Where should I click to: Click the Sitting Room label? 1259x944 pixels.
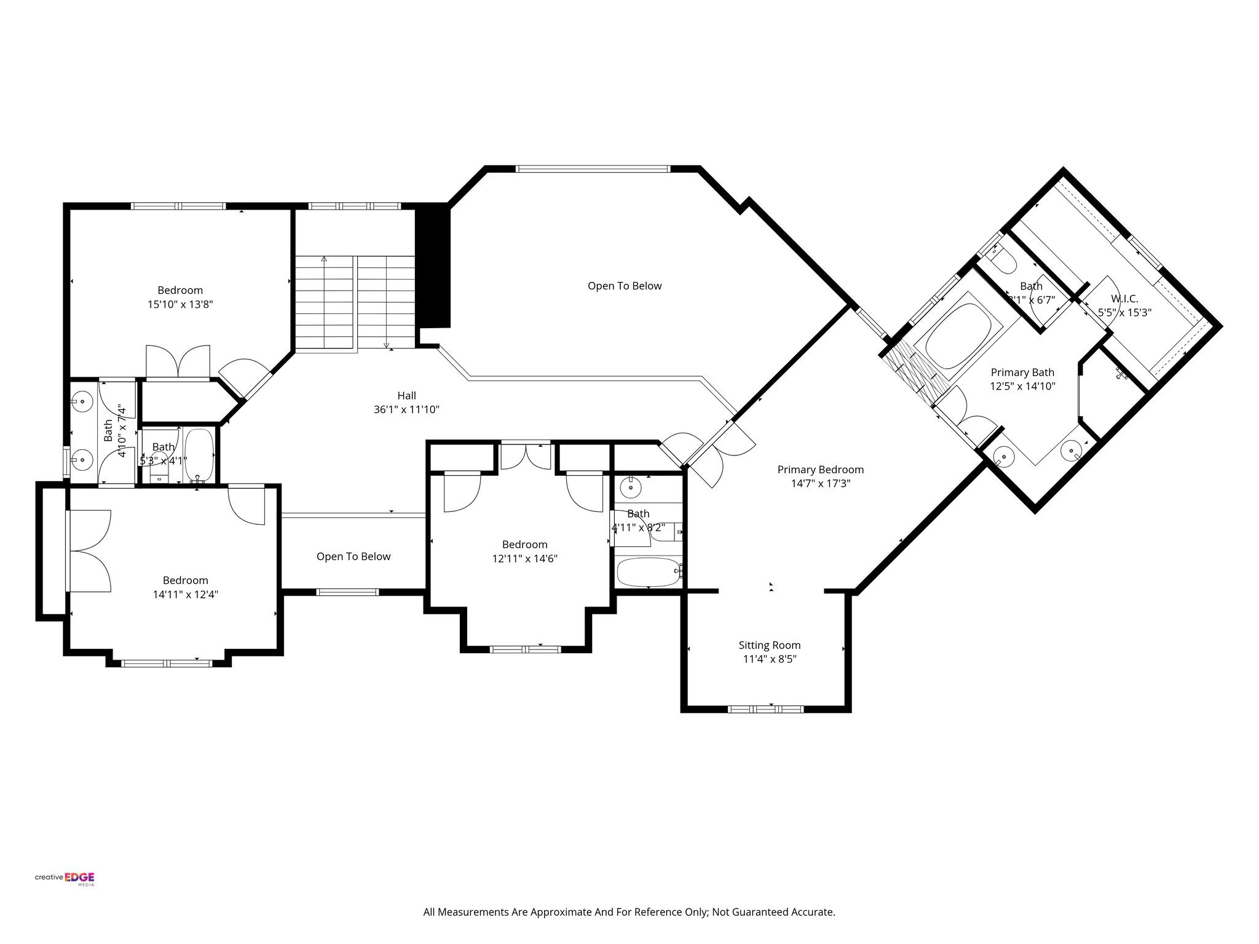point(769,645)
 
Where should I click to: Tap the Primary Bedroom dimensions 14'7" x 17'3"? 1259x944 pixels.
point(820,484)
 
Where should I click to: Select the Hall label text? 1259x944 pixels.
point(406,396)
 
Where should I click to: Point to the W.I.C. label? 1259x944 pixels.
point(1124,299)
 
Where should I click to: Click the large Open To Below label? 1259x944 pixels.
point(624,286)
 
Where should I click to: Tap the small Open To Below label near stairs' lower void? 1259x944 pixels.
point(353,556)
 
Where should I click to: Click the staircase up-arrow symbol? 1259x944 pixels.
point(324,261)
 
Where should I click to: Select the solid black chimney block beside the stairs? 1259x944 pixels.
point(434,267)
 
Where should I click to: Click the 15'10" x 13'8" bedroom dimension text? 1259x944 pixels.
point(180,304)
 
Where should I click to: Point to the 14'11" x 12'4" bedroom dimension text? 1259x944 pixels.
point(186,594)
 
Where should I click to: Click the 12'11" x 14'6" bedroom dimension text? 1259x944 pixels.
point(524,559)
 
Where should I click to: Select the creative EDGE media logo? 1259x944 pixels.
point(65,878)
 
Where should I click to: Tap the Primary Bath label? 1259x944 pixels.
point(1022,372)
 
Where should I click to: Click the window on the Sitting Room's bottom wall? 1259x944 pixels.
point(765,709)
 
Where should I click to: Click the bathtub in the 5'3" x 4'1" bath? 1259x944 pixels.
point(199,455)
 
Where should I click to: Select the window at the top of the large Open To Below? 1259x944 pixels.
point(592,168)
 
